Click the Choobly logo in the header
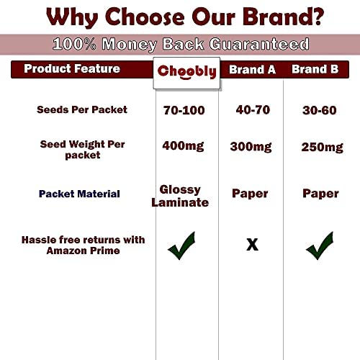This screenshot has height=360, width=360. point(186,71)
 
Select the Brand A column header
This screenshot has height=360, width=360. point(252,70)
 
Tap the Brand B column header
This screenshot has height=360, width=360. point(315,69)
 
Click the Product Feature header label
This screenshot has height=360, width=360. point(72,68)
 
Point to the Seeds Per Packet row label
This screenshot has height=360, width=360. point(82,109)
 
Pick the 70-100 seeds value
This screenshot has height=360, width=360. point(184,110)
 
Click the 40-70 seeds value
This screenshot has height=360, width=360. point(253,109)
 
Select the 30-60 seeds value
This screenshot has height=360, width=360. point(320,110)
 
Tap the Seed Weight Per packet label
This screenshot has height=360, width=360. point(82,150)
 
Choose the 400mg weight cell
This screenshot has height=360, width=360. point(183,146)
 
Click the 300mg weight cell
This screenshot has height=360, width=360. point(251,147)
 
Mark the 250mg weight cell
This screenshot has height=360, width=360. point(323,148)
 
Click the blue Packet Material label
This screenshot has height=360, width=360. point(79,194)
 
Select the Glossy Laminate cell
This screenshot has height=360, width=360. point(180,196)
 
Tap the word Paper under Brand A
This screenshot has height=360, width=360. point(250,194)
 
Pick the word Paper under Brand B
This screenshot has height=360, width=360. point(320,194)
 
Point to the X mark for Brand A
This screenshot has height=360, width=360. point(253,245)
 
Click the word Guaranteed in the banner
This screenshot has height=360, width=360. point(259,44)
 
